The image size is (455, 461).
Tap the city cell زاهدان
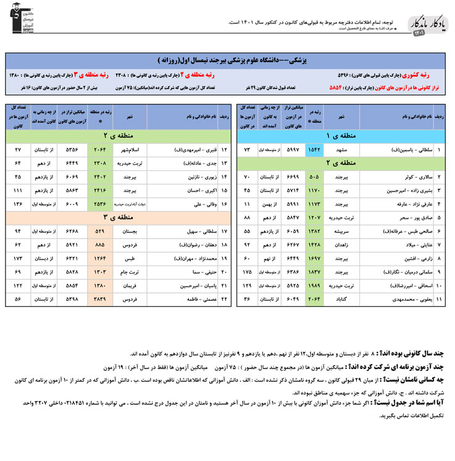[x=341, y=245]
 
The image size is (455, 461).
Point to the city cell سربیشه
[x=341, y=231]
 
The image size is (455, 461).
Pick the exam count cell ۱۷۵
[x=248, y=272]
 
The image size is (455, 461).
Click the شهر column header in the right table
[x=341, y=116]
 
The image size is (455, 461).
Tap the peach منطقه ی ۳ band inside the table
[x=113, y=216]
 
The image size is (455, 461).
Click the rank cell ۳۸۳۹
[x=100, y=299]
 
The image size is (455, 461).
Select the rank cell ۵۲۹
[x=100, y=231]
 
